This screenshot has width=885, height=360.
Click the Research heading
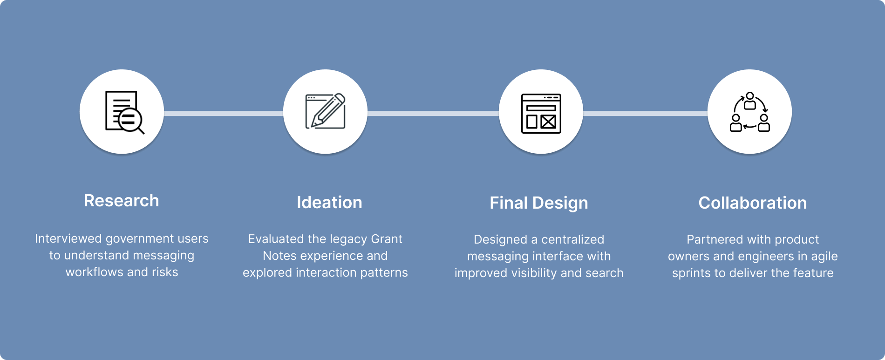click(x=121, y=201)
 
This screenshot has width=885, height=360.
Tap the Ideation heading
click(x=329, y=203)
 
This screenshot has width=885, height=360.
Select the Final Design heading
click(x=538, y=203)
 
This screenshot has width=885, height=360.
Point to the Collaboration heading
click(x=752, y=203)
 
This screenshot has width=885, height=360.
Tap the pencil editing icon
click(x=325, y=112)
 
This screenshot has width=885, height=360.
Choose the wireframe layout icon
click(x=541, y=113)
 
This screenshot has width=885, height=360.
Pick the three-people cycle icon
click(x=749, y=112)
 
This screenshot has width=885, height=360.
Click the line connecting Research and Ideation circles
click(x=223, y=113)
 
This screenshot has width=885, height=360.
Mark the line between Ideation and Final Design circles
click(x=433, y=113)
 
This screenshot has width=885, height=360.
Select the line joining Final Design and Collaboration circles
click(x=645, y=113)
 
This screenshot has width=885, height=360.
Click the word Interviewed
click(x=68, y=239)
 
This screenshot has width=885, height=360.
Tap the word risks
click(x=165, y=272)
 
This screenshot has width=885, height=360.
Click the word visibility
click(x=534, y=273)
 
